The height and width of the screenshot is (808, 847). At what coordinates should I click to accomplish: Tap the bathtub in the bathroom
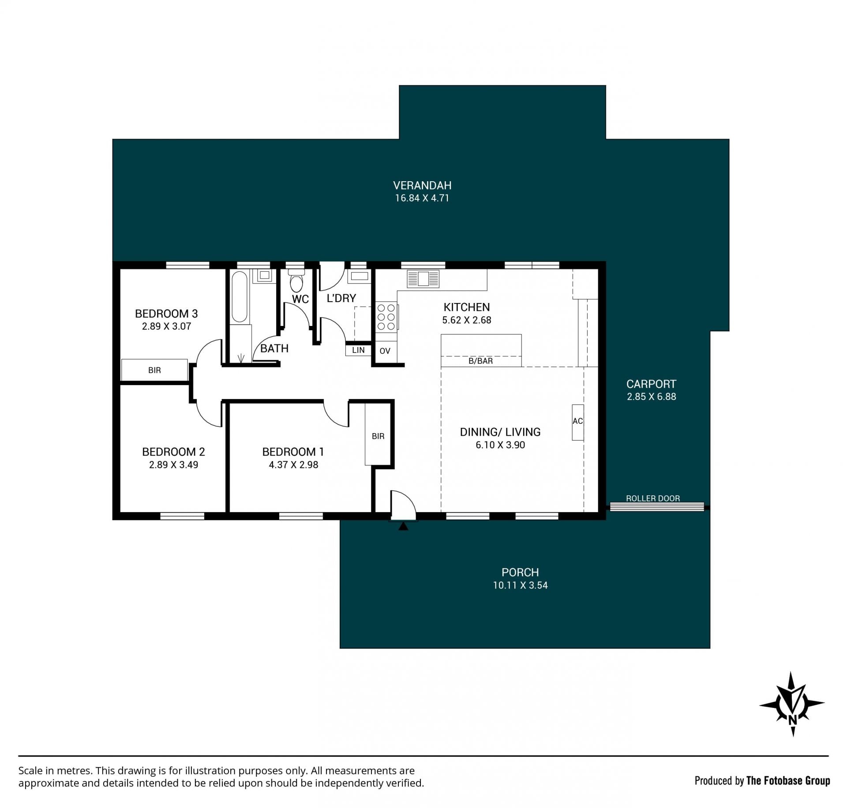[x=240, y=297]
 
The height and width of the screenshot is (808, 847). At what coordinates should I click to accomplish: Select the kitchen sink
[x=423, y=279]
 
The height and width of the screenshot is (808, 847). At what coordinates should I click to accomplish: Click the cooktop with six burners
[x=386, y=317]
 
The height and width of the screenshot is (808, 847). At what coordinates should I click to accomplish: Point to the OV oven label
[x=385, y=351]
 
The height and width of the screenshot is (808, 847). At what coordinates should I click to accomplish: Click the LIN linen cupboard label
[x=358, y=350]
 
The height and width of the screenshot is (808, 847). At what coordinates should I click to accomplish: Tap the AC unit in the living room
[x=578, y=422]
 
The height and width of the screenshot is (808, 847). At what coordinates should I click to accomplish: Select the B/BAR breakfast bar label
[x=480, y=361]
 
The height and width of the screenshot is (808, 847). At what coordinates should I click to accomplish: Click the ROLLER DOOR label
[x=653, y=498]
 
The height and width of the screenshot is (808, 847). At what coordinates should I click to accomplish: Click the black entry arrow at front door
[x=403, y=526]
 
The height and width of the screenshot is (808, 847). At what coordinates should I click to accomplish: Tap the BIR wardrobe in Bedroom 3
[x=154, y=370]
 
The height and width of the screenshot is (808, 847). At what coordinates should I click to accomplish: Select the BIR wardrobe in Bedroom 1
[x=378, y=434]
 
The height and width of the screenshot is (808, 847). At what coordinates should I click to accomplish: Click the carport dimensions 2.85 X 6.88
[x=652, y=397]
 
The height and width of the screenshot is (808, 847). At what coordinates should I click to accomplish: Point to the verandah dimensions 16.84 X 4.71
[x=422, y=198]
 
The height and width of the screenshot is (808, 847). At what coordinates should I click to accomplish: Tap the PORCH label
[x=520, y=572]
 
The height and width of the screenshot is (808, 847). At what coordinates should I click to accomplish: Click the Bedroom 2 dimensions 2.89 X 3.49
[x=173, y=464]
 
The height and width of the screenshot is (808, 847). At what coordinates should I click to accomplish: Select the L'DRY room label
[x=341, y=298]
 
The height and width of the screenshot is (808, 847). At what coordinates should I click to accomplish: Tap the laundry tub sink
[x=359, y=277]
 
